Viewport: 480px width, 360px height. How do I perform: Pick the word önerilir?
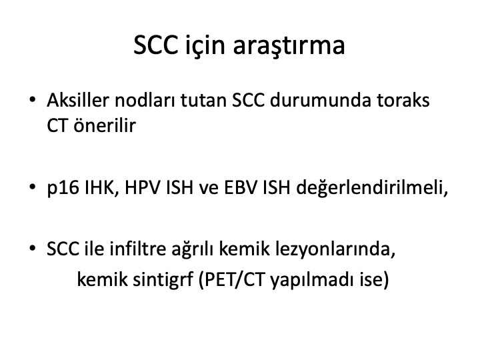click(x=105, y=125)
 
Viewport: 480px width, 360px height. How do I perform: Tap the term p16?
click(x=63, y=187)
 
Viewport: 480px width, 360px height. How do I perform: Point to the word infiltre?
click(x=138, y=249)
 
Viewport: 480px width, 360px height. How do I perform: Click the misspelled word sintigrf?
click(x=163, y=280)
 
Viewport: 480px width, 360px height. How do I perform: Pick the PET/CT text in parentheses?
click(x=235, y=279)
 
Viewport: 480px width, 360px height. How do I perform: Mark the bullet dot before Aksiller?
click(x=33, y=100)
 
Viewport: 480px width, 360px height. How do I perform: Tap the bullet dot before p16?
click(x=33, y=187)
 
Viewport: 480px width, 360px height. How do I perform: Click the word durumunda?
click(x=320, y=100)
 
